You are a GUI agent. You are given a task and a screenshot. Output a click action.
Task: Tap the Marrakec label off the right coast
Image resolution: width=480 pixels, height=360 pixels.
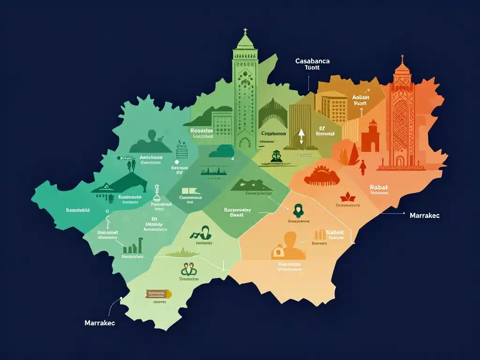click(424, 216)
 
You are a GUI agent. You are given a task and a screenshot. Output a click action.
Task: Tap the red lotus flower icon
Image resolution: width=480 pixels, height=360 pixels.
click(348, 195)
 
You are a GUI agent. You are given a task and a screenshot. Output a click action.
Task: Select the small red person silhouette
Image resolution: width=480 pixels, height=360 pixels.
click(362, 167)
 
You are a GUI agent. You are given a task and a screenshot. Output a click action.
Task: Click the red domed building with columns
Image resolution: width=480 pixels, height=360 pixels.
click(322, 176)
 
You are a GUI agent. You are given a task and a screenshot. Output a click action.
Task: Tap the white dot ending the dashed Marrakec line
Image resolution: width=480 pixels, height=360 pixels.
click(121, 297)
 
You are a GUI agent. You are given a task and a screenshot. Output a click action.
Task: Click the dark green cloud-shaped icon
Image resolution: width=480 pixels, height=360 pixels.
click(221, 150)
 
